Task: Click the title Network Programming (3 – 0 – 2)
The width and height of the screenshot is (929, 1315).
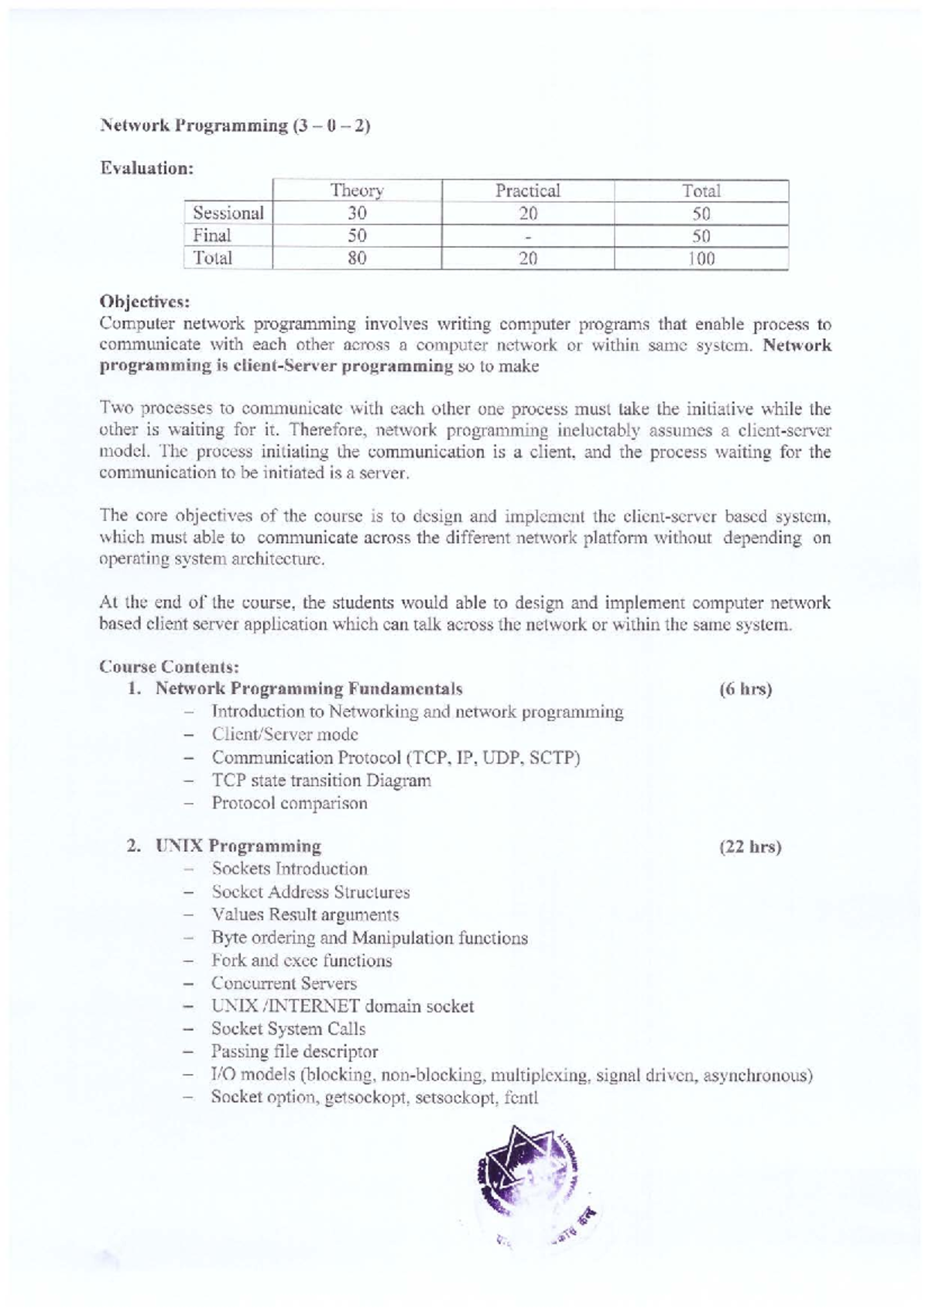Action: coord(235,126)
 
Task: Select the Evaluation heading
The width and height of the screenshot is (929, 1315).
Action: coord(146,168)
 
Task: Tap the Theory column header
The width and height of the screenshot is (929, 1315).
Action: coord(357,191)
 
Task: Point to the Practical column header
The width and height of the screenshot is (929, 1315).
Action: coord(527,191)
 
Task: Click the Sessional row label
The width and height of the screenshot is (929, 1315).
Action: coord(228,213)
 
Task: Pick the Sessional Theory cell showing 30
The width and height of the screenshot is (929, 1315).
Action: coord(357,213)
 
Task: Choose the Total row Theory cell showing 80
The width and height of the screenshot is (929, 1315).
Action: coord(357,258)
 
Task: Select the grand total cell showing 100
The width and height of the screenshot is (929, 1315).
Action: coord(701,259)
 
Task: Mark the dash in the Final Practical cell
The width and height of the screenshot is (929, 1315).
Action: coord(528,236)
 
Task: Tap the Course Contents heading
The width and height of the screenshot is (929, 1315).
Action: coord(169,666)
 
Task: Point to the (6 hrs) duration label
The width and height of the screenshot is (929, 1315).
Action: coord(746,689)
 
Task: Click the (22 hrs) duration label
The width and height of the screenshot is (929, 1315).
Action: coord(750,846)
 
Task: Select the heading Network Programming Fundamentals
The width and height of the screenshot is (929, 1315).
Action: coord(308,688)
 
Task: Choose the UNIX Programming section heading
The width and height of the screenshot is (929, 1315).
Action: coord(238,846)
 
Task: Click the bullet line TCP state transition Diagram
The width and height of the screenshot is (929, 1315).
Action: coord(321,781)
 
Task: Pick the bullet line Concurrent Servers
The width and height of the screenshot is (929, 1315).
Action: coord(284,984)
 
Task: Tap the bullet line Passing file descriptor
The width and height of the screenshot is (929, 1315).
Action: coord(294,1052)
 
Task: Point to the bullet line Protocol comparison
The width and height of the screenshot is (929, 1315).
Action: coord(290,803)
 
